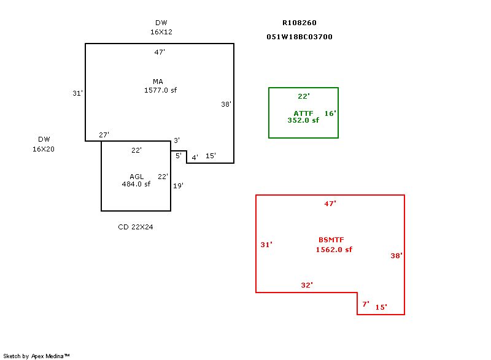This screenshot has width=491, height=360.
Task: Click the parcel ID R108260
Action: [300, 23]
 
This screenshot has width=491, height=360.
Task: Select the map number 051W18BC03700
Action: [300, 37]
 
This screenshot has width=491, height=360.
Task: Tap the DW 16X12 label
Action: [161, 27]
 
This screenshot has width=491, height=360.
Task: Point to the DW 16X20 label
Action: [44, 144]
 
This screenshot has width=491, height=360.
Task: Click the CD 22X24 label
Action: [136, 227]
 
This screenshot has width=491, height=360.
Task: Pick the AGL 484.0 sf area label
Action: [136, 180]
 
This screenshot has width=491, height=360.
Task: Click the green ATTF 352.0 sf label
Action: [303, 117]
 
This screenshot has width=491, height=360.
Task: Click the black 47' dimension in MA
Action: [160, 52]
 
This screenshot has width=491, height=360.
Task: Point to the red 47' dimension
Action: [330, 204]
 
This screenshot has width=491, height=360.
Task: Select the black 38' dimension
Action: [226, 104]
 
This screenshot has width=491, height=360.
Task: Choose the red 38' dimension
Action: [396, 256]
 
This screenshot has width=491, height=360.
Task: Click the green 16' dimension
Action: [330, 113]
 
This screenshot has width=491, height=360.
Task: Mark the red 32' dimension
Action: [307, 285]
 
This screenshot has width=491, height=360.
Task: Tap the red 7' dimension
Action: [365, 304]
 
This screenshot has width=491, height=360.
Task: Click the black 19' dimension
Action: [178, 186]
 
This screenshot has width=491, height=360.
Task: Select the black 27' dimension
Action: [104, 135]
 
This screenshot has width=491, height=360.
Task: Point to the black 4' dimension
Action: [195, 158]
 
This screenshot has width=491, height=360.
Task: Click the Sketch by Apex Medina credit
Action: [36, 356]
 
